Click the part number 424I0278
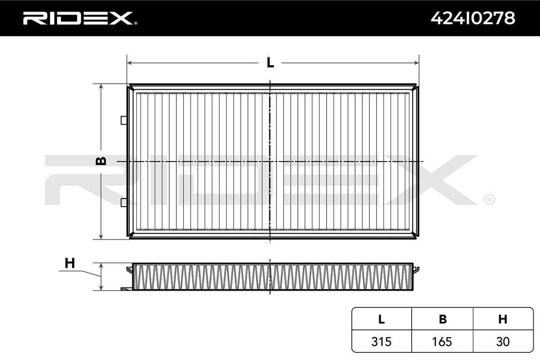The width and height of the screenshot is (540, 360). [472, 18]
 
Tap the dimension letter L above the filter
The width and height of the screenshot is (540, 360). [270, 63]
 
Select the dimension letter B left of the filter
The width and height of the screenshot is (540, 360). [102, 161]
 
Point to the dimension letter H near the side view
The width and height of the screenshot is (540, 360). [69, 263]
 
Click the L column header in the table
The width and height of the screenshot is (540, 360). [381, 319]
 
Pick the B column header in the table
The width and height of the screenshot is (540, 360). [442, 319]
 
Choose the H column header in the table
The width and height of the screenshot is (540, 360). [503, 319]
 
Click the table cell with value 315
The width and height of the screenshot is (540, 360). [381, 342]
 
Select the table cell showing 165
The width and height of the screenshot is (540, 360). [442, 342]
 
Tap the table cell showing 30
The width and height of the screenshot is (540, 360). [503, 342]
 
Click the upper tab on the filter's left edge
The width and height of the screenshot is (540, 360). [124, 120]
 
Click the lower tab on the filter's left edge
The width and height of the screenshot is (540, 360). [124, 202]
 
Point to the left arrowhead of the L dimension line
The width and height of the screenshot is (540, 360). [130, 63]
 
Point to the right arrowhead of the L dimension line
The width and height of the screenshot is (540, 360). [416, 63]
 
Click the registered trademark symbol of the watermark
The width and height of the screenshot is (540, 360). [489, 199]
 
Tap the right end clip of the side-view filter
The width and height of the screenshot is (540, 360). [417, 270]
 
